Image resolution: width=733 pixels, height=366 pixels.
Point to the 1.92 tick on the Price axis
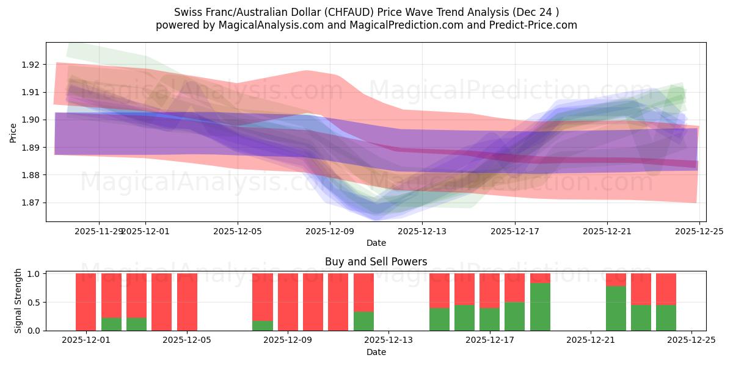[31, 65]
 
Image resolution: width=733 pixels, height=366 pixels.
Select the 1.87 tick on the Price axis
[31, 203]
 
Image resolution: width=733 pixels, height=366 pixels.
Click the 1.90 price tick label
[31, 120]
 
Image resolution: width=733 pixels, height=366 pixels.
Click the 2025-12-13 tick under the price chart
[422, 231]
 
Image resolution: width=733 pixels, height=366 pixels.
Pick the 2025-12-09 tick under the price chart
[330, 231]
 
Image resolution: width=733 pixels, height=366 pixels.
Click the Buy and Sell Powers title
[376, 262]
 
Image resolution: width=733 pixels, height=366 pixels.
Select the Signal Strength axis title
[18, 301]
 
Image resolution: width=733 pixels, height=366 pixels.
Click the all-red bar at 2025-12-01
[86, 302]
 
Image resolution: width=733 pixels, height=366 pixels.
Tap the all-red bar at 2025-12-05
[187, 302]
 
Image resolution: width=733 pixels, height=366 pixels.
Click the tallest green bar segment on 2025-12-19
[540, 307]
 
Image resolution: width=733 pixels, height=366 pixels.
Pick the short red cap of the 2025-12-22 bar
[616, 279]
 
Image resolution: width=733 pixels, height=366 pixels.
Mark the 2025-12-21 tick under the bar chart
[591, 340]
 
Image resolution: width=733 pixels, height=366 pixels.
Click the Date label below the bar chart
[376, 352]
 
